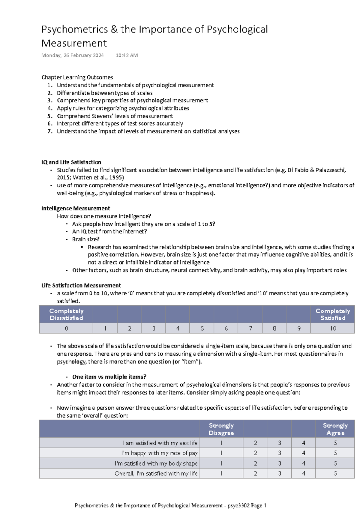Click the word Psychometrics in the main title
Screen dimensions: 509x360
pos(74,29)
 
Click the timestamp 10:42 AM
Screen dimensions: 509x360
pos(127,55)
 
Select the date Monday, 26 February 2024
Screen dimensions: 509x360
pos(72,55)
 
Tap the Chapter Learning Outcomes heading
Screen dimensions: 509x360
pos(77,77)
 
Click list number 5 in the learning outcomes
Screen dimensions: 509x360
pos(50,116)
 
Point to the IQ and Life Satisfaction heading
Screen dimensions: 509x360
pos(71,162)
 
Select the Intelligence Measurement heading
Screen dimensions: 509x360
pos(76,208)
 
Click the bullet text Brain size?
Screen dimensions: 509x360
pos(86,239)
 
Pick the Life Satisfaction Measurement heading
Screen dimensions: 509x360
pos(81,285)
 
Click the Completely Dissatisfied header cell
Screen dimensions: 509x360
pos(66,315)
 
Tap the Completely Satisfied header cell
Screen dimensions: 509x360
pos(333,315)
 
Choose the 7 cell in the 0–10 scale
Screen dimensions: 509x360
pos(250,329)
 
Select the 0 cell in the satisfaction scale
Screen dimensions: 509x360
pos(66,329)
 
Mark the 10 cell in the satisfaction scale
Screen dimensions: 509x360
pos(333,329)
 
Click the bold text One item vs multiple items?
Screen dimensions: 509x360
pos(109,377)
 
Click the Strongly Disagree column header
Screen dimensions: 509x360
pos(221,429)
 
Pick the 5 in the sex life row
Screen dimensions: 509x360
pos(335,443)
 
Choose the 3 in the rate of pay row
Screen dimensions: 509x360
pos(279,453)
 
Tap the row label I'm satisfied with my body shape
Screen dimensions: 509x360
pos(156,463)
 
